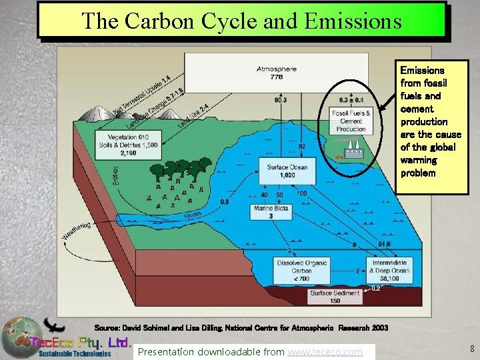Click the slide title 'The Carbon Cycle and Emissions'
click(241, 20)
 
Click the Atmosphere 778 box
click(277, 73)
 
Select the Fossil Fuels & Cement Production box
click(351, 121)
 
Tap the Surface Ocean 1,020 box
click(287, 171)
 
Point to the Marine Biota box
click(271, 212)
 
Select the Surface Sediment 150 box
click(335, 297)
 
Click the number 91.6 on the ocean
click(383, 245)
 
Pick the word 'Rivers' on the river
click(193, 216)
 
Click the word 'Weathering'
click(76, 232)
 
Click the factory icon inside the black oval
click(353, 151)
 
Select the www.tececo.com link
click(325, 351)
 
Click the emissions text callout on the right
click(431, 121)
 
